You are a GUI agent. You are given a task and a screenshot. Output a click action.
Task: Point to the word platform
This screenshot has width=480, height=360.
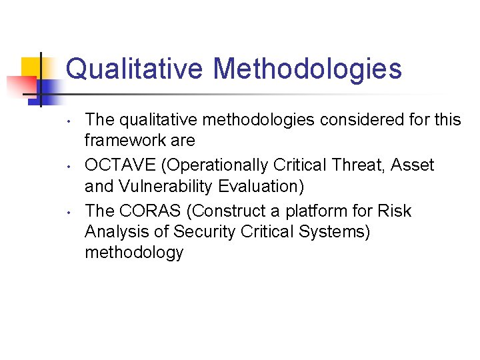pos(313,211)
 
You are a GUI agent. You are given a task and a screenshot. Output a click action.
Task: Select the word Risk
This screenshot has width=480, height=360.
pos(394,211)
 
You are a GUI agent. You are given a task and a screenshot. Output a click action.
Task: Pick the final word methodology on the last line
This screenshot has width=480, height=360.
pos(134,253)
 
